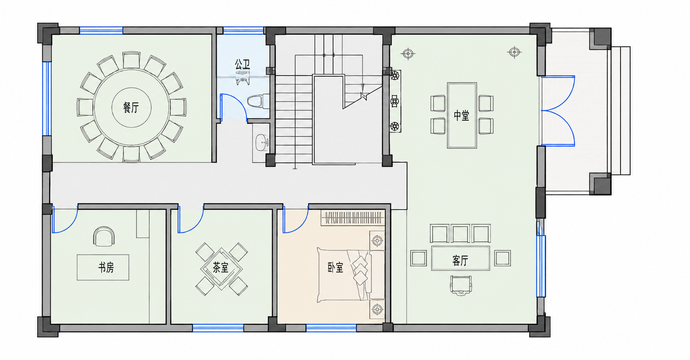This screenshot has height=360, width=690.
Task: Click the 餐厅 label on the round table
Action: point(131,107)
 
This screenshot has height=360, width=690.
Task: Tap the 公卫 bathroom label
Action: point(242,64)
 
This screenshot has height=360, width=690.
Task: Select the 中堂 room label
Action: point(461,116)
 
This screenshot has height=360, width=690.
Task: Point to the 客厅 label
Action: point(460,261)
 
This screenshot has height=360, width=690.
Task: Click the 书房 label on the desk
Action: point(106,267)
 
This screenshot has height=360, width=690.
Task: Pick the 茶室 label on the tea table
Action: point(221,267)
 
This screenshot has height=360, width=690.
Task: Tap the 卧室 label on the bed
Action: point(335,267)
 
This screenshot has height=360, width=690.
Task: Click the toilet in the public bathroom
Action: point(258,101)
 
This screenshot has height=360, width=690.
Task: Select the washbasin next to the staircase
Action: point(261,142)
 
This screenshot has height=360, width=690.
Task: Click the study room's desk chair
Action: point(104,236)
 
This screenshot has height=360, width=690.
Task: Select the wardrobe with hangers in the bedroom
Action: point(353,218)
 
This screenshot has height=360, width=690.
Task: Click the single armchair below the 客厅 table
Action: point(461,285)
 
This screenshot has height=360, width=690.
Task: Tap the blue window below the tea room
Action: point(218,328)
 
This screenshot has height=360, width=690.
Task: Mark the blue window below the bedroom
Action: point(331,328)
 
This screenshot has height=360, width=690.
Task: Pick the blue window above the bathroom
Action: point(243,30)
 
